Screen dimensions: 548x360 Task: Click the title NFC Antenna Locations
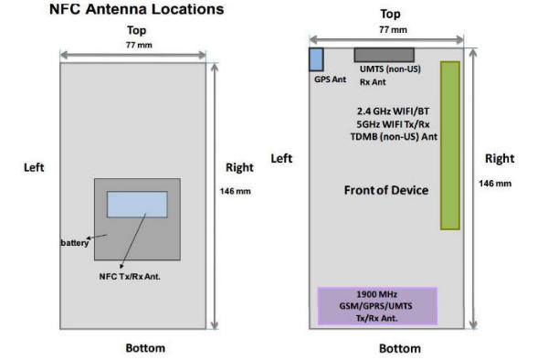point(137,9)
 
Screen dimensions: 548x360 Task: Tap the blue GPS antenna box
point(316,59)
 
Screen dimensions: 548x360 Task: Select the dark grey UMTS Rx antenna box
point(385,55)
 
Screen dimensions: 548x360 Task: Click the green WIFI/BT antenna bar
point(450,145)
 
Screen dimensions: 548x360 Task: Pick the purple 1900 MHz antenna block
point(377,306)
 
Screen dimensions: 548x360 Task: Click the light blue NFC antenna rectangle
point(137,205)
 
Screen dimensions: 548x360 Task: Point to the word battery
point(75,242)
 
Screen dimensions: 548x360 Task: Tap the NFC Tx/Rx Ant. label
point(130,277)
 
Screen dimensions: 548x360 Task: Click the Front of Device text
point(386,190)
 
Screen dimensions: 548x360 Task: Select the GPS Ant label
point(330,79)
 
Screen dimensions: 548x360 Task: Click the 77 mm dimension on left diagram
point(139,45)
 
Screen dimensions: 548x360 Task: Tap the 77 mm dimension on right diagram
point(393,30)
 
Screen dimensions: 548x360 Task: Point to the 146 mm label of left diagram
point(236,191)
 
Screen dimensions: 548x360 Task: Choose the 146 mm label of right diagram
point(495,184)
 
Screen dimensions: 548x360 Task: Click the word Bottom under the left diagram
point(145,348)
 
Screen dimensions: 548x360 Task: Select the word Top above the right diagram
point(390,14)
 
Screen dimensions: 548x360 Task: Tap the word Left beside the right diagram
point(281,159)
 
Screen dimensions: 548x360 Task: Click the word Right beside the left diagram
point(239,167)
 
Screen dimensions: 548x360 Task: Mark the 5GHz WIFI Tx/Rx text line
point(393,124)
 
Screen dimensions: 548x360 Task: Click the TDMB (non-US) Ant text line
point(394,137)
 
